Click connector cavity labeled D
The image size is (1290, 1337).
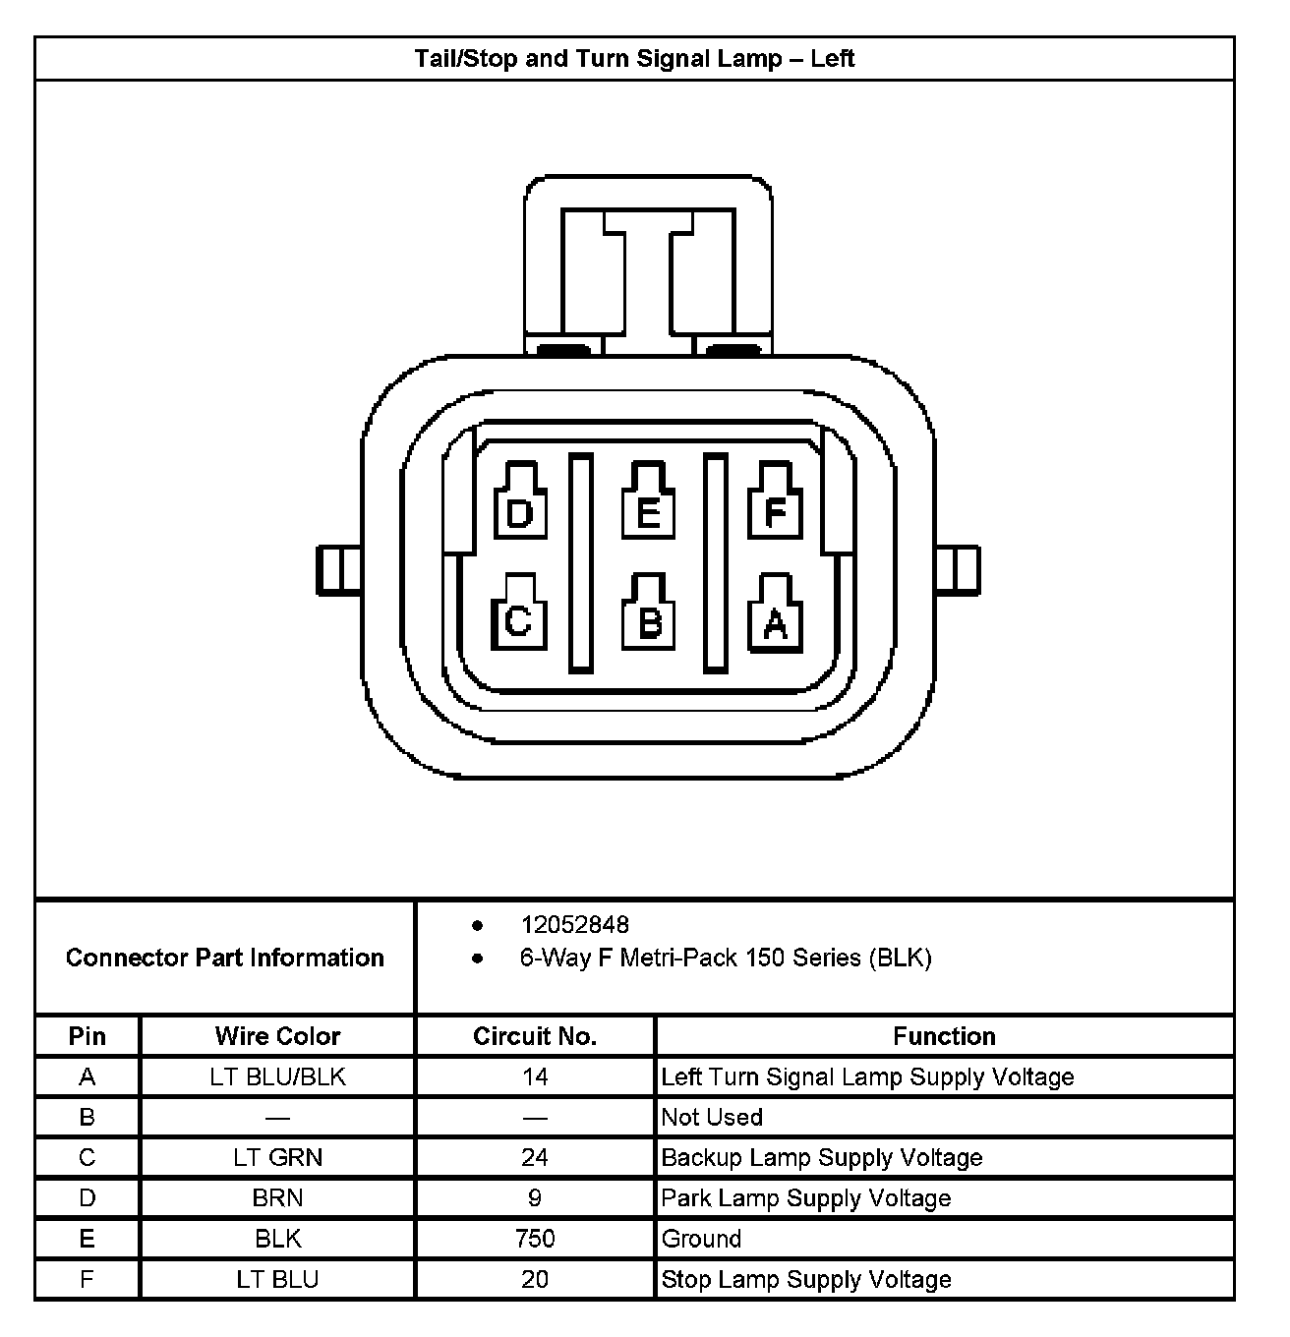pos(519,503)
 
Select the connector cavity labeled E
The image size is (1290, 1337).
pos(648,503)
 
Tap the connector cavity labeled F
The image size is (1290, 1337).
pos(776,503)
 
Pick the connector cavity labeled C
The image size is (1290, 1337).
pos(518,615)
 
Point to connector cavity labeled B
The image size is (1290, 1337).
pos(649,615)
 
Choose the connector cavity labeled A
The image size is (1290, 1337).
pos(776,615)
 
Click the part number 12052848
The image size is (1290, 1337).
pos(575,925)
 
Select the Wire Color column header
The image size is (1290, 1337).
pos(277,1036)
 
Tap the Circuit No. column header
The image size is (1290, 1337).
pos(535,1036)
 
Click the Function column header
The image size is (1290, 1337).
pos(944,1036)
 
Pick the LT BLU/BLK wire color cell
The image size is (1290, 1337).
pos(277,1077)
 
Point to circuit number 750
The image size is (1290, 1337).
pos(535,1239)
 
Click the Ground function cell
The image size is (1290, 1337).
pos(702,1239)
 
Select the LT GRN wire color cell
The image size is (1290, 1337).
pos(277,1158)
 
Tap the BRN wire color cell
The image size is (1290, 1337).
pos(277,1198)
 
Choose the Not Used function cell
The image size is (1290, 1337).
pos(712,1118)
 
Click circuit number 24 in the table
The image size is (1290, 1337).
pos(535,1158)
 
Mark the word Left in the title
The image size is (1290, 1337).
pos(833,59)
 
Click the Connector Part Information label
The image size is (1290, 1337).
pos(225,958)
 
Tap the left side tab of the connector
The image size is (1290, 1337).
pos(337,570)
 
